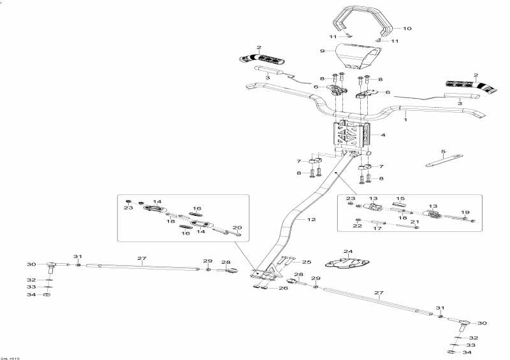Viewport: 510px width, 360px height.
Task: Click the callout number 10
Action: [x=407, y=28]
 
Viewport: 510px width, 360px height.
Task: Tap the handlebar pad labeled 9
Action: [x=358, y=56]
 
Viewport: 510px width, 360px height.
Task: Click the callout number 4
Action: [x=383, y=134]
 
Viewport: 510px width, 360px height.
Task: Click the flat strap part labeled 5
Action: [x=444, y=160]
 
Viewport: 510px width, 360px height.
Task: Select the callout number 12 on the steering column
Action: [x=311, y=220]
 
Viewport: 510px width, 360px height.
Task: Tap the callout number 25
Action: [x=307, y=262]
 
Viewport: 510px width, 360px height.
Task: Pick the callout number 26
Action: [x=283, y=288]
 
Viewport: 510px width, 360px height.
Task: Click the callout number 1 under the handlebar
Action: [x=405, y=120]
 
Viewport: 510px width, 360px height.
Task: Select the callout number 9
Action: [x=323, y=51]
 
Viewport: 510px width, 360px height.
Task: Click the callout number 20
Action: [x=237, y=227]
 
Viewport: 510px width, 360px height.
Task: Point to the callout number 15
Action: [x=400, y=199]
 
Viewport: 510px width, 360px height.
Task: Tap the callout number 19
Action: [x=465, y=212]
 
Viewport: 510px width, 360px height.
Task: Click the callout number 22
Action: [x=357, y=226]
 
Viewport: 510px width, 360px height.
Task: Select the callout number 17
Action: [x=377, y=229]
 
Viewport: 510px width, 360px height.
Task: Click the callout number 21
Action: [x=414, y=222]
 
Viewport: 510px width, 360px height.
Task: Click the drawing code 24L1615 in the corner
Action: [x=10, y=358]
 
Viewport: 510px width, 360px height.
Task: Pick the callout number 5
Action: [x=443, y=152]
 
